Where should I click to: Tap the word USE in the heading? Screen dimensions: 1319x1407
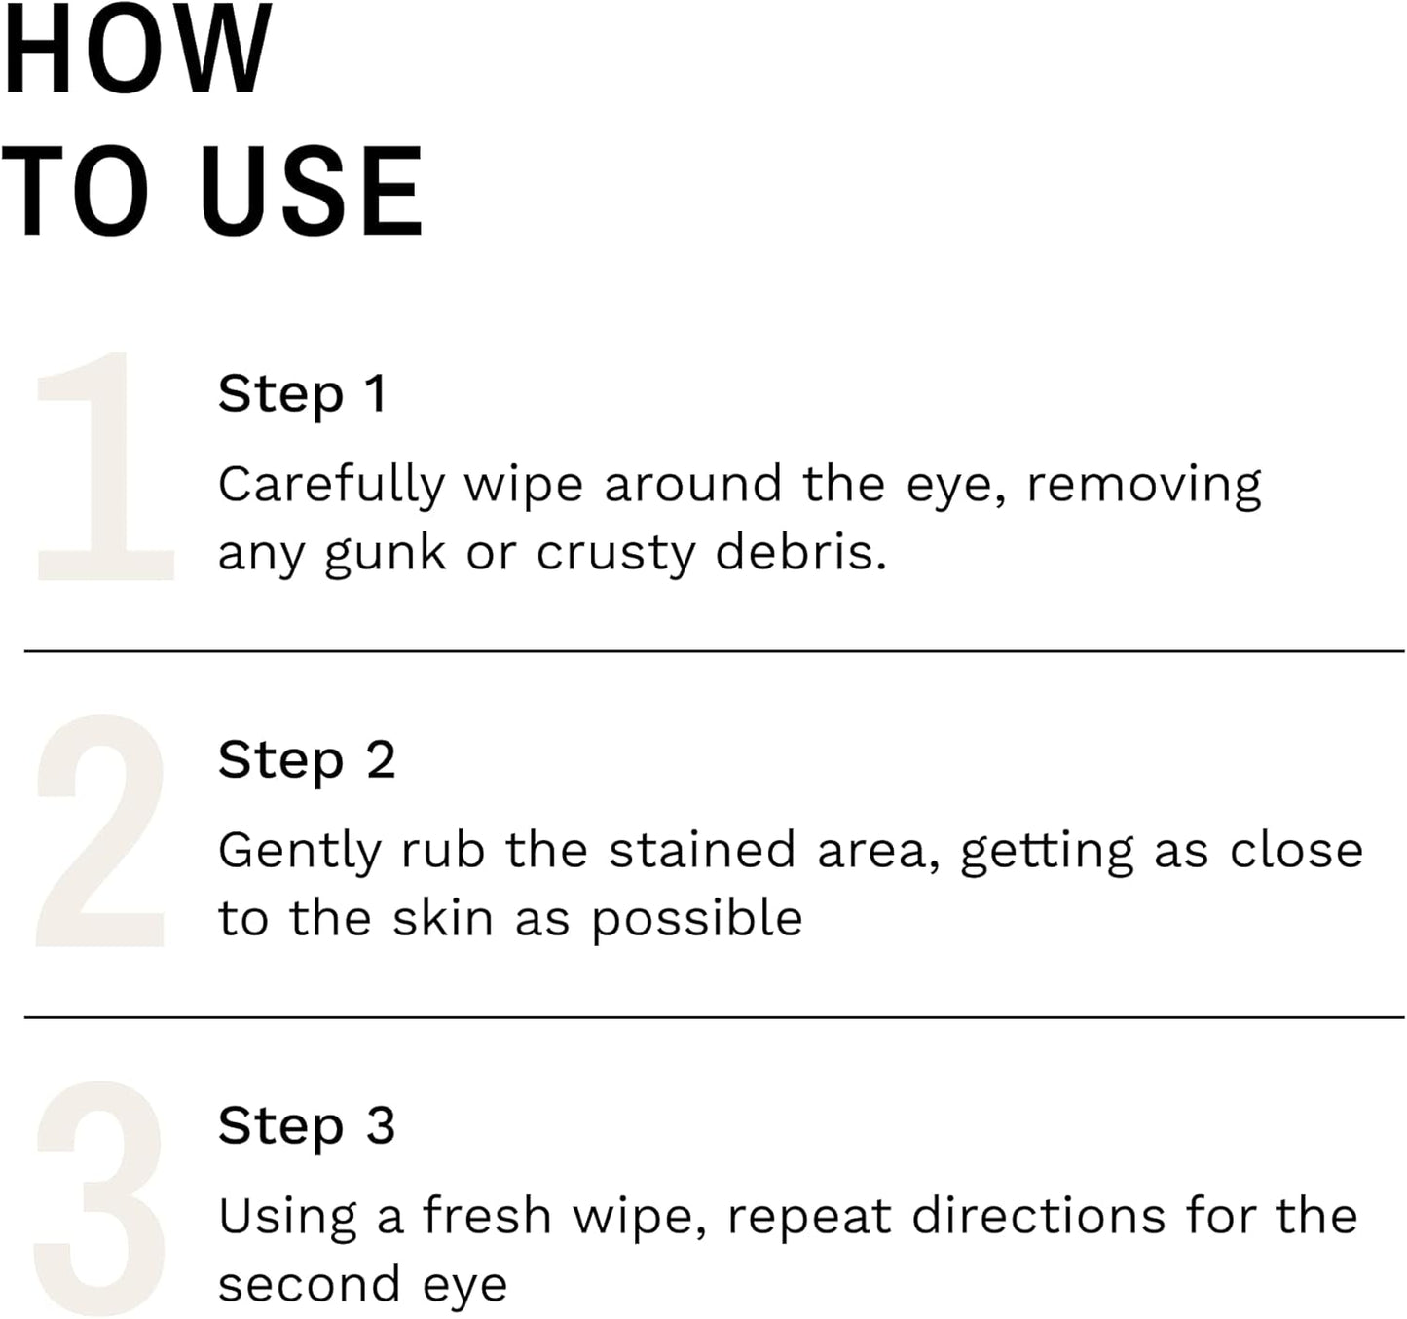point(312,192)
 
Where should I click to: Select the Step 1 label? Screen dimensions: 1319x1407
point(303,394)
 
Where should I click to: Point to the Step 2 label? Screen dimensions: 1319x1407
point(307,760)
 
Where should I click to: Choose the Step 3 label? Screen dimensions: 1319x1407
point(307,1126)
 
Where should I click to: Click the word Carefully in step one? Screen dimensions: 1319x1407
point(331,486)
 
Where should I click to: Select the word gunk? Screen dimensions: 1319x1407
point(385,554)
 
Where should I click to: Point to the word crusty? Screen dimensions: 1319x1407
point(615,554)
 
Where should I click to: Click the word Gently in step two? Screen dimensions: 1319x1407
point(299,852)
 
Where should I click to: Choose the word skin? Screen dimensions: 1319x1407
point(442,918)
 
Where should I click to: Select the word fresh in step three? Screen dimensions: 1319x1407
point(487,1216)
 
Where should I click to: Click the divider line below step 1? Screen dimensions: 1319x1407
point(714,651)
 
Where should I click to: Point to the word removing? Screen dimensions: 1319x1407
point(1144,486)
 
